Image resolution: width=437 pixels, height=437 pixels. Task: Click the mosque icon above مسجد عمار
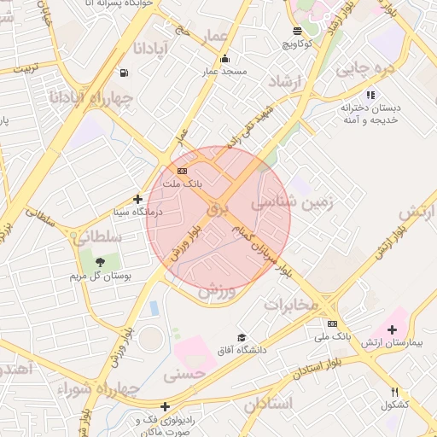pos(224,59)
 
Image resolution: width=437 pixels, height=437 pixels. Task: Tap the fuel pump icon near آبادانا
pos(125,73)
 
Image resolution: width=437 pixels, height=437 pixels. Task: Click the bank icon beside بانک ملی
pos(332,323)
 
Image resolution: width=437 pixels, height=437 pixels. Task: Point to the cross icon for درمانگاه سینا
pos(137,199)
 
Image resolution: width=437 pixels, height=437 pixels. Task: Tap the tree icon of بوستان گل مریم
pos(100,262)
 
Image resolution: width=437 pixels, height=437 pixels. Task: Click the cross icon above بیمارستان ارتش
pos(392,329)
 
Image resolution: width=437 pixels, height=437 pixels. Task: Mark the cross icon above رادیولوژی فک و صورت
pos(165,407)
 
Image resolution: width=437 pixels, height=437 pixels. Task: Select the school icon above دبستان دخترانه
pos(370,95)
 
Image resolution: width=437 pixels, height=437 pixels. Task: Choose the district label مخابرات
pos(288,305)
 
